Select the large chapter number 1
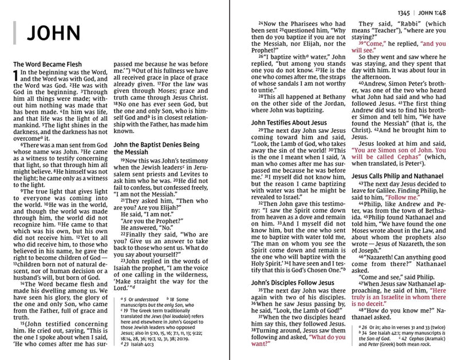(x=15, y=76)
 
